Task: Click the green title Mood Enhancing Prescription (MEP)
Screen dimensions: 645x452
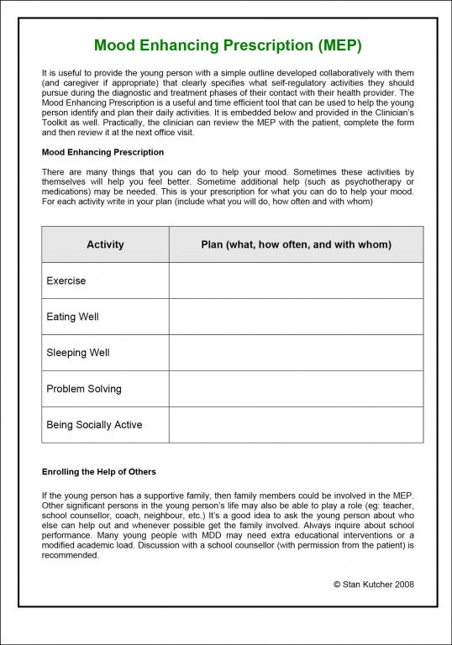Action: point(228,45)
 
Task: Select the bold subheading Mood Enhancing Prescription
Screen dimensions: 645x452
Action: point(102,152)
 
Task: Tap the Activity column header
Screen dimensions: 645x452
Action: point(105,244)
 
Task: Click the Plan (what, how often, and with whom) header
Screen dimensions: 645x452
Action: point(296,244)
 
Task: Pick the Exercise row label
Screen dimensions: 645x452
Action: point(66,281)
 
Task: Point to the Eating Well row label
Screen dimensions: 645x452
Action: point(72,317)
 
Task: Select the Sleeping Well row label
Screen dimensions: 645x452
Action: point(78,353)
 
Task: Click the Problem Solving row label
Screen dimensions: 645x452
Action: point(84,389)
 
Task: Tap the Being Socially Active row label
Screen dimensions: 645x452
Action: point(94,425)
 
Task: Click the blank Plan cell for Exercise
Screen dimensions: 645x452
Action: point(296,281)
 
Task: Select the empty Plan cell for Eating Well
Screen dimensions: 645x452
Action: point(296,317)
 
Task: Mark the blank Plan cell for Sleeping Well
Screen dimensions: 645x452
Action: point(296,353)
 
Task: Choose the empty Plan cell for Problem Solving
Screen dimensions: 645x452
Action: point(296,389)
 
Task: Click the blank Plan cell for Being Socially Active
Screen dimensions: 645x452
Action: point(296,425)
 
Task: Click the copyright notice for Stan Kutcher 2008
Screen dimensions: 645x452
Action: point(373,584)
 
